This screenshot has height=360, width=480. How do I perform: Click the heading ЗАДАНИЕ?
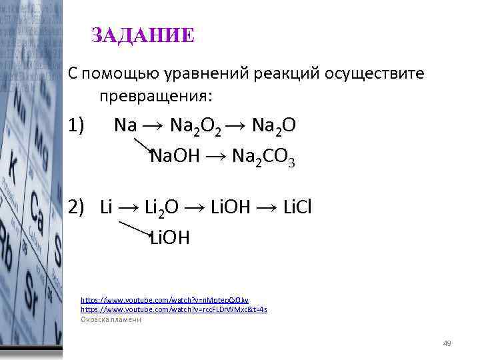click(143, 35)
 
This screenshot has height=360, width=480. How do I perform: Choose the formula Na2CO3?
click(263, 158)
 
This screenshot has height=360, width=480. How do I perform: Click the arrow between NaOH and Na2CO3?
click(217, 157)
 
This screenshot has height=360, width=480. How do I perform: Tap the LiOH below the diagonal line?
click(170, 237)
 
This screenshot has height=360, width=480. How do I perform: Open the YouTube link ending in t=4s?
click(173, 310)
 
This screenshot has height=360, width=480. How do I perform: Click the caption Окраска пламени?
click(111, 319)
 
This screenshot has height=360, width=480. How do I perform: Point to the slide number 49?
click(447, 343)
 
